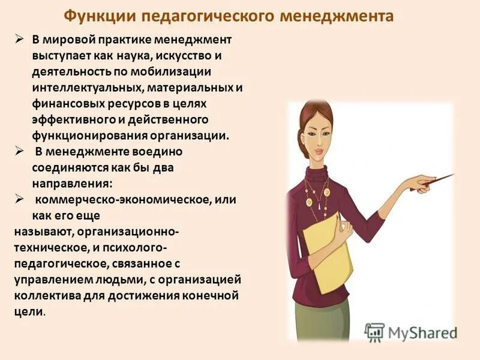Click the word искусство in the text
tap(196, 56)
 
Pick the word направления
tap(71, 182)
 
